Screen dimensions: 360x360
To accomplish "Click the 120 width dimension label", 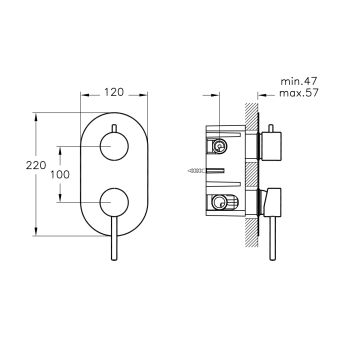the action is click(x=114, y=92).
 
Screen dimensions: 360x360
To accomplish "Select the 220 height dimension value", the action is click(x=36, y=165).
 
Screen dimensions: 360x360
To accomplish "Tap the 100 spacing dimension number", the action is click(x=60, y=174).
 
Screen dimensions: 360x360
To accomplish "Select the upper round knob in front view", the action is click(x=114, y=147).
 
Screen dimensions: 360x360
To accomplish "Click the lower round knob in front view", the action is click(x=114, y=202).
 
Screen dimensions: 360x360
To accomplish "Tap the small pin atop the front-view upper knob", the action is click(x=114, y=129).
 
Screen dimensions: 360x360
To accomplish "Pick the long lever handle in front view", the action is click(x=114, y=238).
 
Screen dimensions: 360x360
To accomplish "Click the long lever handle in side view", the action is click(x=273, y=238).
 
